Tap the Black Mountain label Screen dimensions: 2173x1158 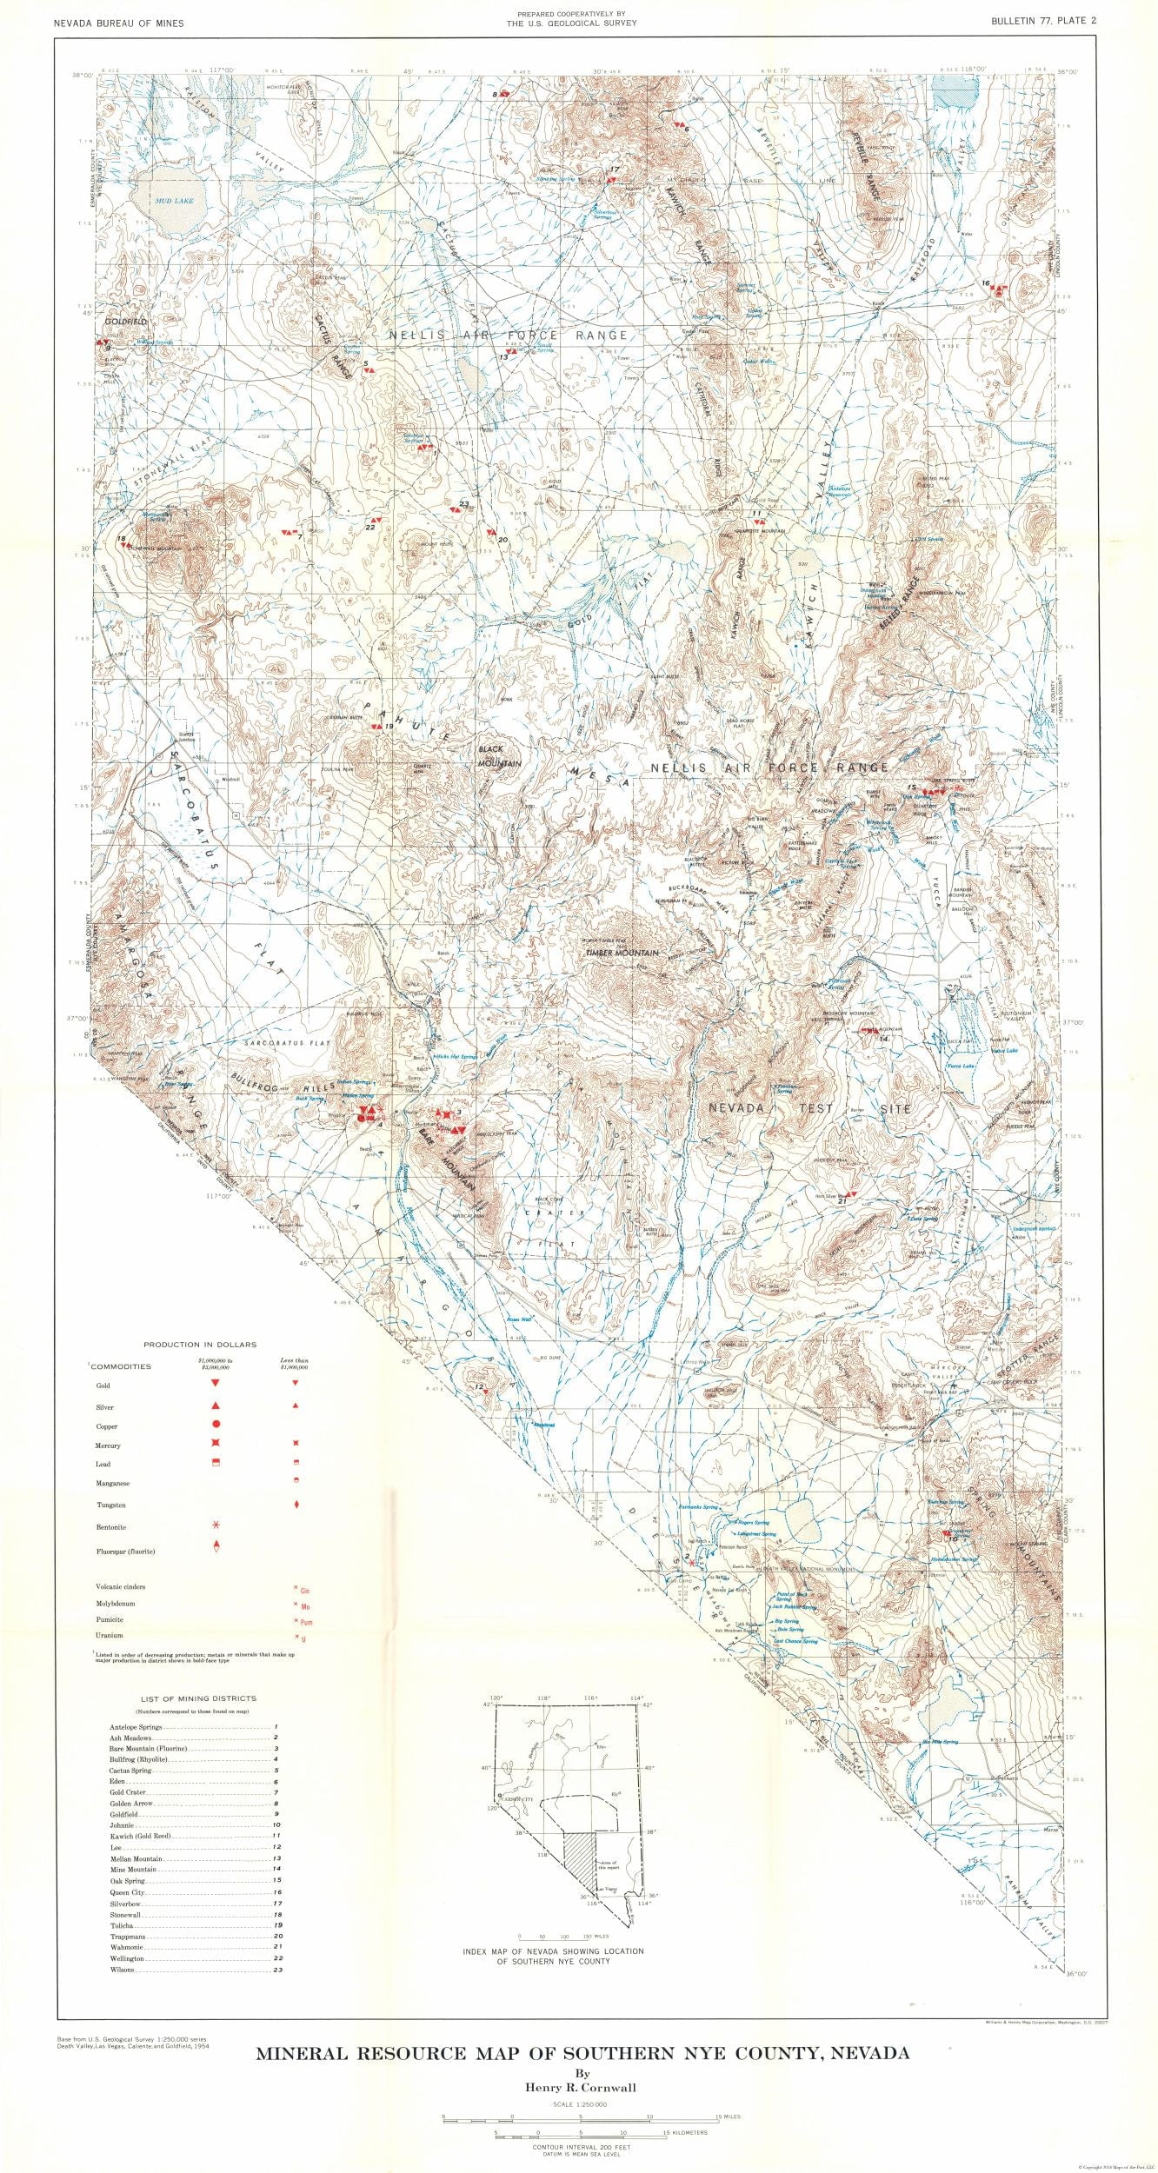[499, 755]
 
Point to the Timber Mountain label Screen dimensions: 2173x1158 [622, 953]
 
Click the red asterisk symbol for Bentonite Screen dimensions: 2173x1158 [215, 1525]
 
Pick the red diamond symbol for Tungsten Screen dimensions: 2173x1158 [296, 1504]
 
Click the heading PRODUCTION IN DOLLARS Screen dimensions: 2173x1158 [200, 1345]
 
